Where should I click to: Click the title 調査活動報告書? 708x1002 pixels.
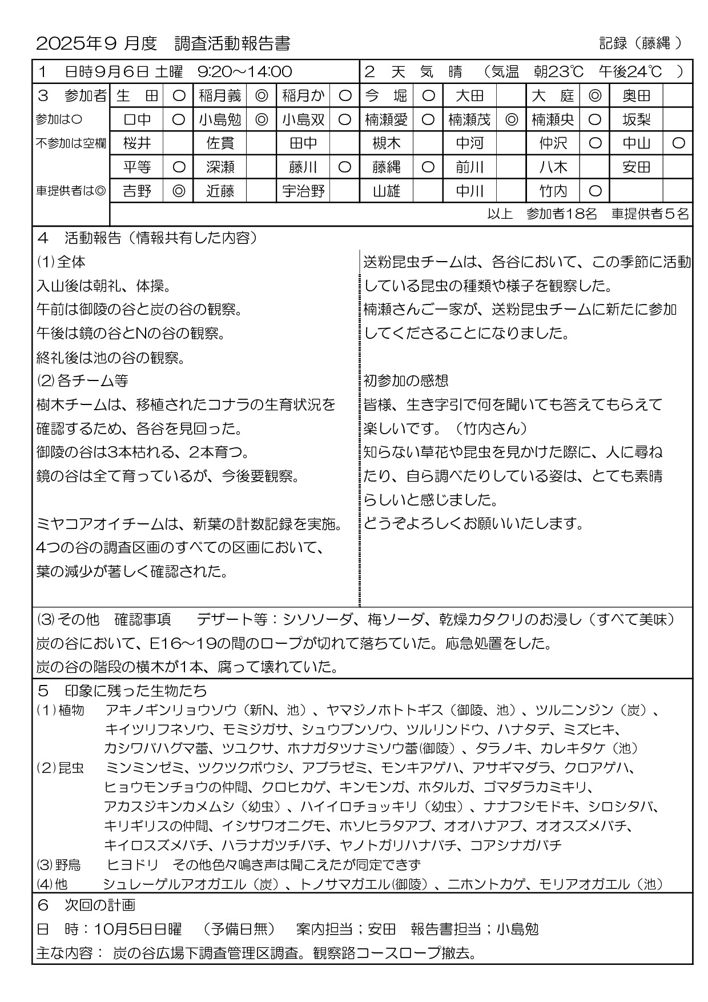click(x=232, y=43)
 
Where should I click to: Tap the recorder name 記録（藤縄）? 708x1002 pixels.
click(x=641, y=43)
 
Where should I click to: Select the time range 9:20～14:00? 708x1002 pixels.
click(x=244, y=71)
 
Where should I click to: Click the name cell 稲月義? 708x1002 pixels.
click(x=220, y=95)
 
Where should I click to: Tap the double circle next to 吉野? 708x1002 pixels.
click(x=178, y=191)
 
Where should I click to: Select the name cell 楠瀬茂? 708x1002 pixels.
click(x=469, y=119)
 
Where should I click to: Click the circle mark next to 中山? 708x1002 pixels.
click(x=678, y=143)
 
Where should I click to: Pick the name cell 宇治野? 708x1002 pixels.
click(x=303, y=191)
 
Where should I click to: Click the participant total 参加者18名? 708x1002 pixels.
click(x=561, y=214)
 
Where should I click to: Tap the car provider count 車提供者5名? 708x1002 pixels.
click(x=650, y=214)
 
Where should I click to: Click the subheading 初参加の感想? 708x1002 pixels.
click(x=406, y=380)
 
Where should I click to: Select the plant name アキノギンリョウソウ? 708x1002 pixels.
click(x=171, y=710)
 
